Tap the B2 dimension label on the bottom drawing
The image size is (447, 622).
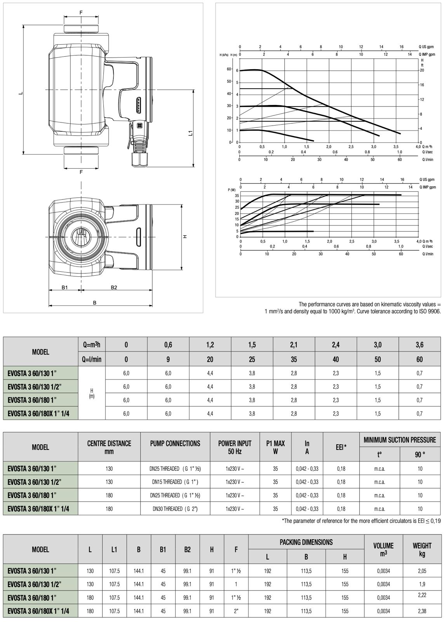click(x=114, y=288)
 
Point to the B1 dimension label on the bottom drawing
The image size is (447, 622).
click(x=65, y=288)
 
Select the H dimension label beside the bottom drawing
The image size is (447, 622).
click(x=186, y=236)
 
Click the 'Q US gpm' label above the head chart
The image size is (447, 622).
click(x=426, y=47)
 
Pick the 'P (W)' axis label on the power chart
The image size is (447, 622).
click(x=232, y=190)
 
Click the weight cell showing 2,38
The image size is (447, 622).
click(x=422, y=611)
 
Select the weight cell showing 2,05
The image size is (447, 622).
click(x=422, y=571)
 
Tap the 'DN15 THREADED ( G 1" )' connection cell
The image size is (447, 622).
click(x=175, y=482)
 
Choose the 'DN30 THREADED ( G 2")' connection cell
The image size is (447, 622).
click(x=175, y=509)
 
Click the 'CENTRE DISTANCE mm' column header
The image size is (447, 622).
click(x=109, y=447)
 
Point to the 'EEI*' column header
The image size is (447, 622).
click(x=341, y=447)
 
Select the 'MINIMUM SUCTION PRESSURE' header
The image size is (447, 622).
click(x=400, y=440)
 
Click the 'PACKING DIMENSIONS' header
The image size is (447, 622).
click(x=306, y=542)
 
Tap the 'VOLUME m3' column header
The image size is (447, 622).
click(x=383, y=549)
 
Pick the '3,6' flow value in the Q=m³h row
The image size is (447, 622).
click(x=419, y=345)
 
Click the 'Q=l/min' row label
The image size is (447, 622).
click(x=92, y=360)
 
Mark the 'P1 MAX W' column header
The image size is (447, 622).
click(x=275, y=447)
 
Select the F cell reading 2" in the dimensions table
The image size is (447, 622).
click(x=236, y=611)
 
